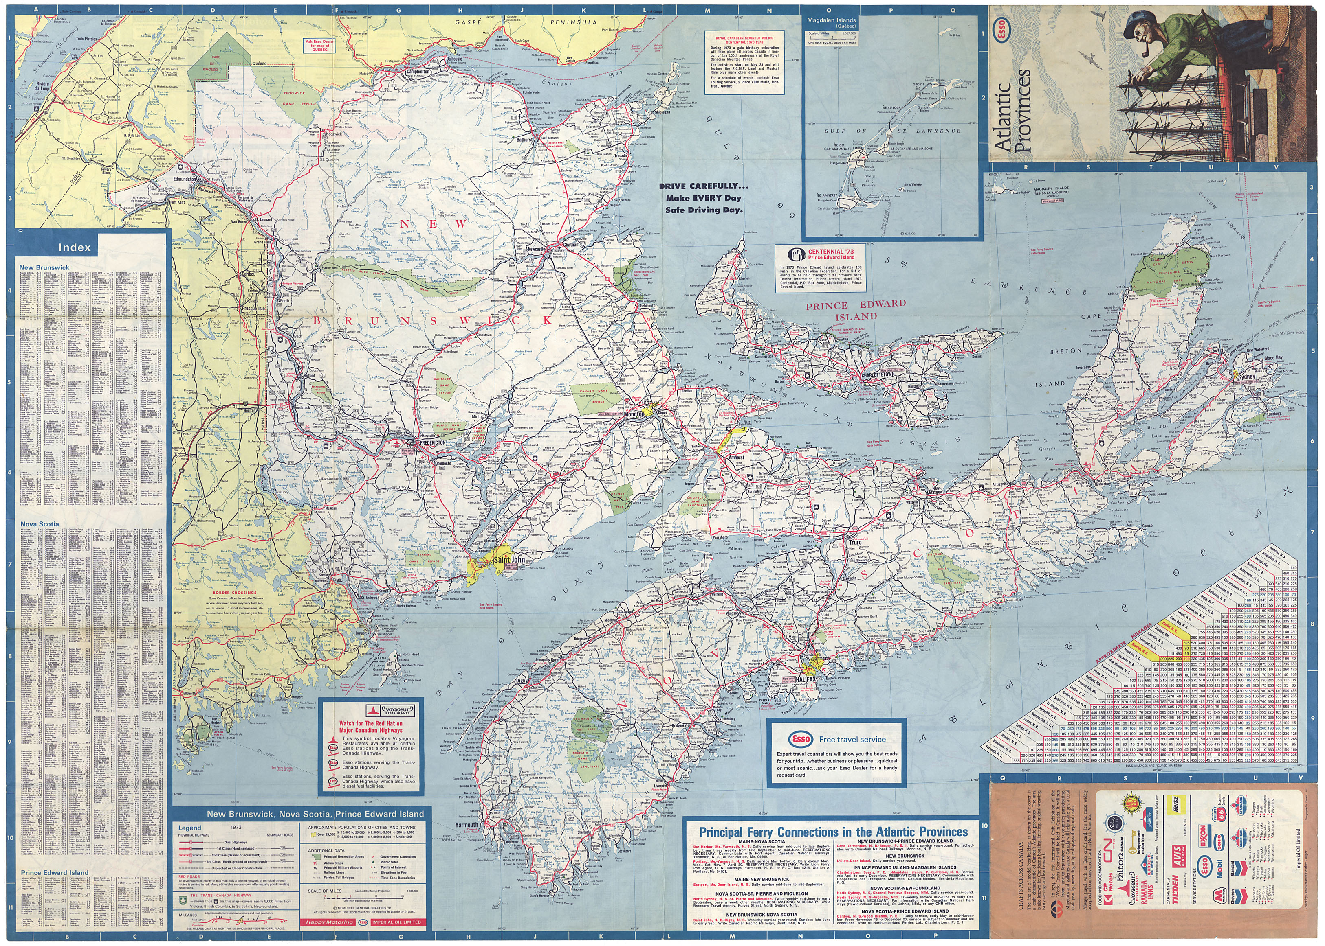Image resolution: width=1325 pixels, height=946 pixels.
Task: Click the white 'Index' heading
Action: coord(75,247)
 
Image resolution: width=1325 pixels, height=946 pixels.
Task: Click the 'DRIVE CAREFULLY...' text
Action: coord(704,186)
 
